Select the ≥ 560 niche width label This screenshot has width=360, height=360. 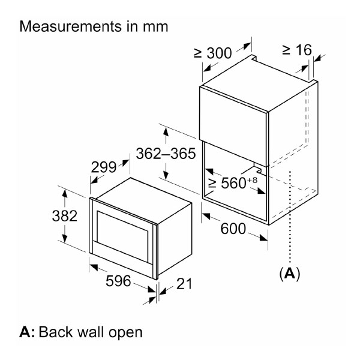pyautogui.click(x=227, y=183)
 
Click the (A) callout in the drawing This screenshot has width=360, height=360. pyautogui.click(x=290, y=274)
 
